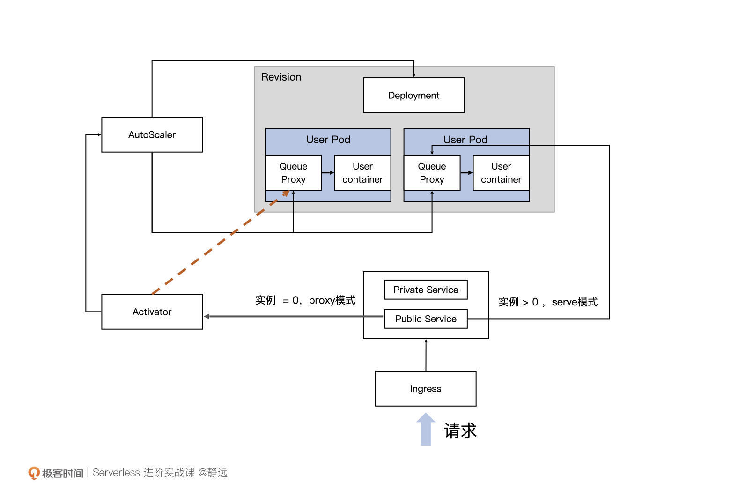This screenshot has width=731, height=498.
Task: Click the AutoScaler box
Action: pos(152,134)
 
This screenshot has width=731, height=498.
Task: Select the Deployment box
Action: pos(413,95)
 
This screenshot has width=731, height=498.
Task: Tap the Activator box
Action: pos(152,312)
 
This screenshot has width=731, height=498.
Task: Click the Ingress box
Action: pos(425,388)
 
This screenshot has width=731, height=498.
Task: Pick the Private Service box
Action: pos(426,290)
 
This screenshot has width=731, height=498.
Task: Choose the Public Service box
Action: pos(426,319)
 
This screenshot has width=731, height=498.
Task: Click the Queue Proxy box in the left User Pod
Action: pos(293,172)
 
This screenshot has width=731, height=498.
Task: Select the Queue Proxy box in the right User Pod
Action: pos(432,172)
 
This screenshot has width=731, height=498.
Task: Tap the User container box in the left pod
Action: pos(362,172)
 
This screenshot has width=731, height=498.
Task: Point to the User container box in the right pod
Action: pos(501,172)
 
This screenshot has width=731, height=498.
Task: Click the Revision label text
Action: pos(281,77)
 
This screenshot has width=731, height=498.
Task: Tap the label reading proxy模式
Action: pos(332,300)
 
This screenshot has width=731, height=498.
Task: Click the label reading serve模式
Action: pos(574,302)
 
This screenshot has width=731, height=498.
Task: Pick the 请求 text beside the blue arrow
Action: pos(460,431)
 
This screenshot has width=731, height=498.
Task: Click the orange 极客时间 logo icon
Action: pos(34,473)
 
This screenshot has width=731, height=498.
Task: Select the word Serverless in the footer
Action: pos(116,472)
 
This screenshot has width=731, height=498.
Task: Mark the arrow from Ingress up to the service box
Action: pos(426,355)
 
